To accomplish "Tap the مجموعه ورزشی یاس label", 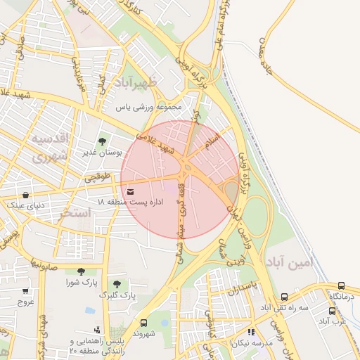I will click(x=149, y=108).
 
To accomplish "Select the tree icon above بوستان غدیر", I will click(x=103, y=141).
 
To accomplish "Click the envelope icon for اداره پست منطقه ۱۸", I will click(x=131, y=191).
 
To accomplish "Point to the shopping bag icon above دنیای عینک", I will click(x=26, y=195).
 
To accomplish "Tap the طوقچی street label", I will click(x=98, y=179).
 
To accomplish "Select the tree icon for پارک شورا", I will click(x=82, y=271).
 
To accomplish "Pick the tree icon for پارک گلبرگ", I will click(x=117, y=284).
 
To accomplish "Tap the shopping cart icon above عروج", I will click(x=26, y=291).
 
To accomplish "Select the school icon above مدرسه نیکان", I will click(x=251, y=332).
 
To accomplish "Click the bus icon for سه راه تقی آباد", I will click(x=284, y=297).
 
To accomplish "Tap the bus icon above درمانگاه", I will click(x=342, y=286).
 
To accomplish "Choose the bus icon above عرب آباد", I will click(x=332, y=311).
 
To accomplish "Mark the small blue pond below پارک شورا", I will click(x=90, y=309).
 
